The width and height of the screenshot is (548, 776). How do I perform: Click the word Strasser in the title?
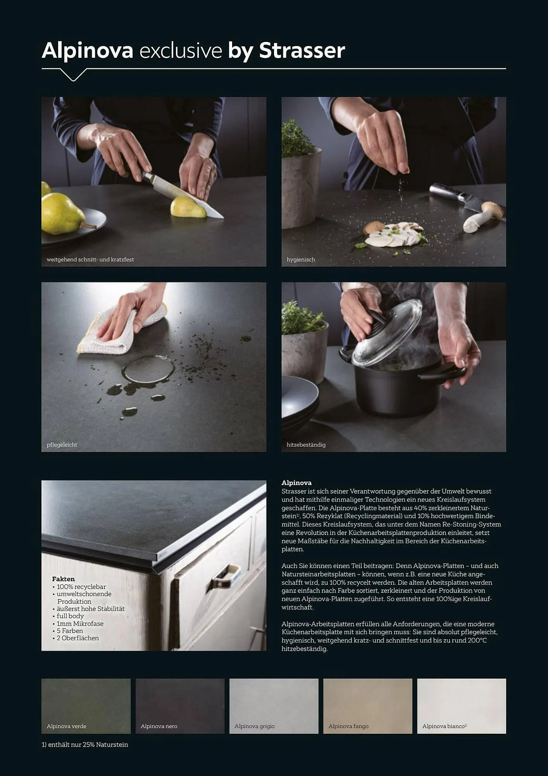[x=302, y=50]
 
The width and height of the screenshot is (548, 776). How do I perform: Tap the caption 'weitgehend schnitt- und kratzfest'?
[x=90, y=260]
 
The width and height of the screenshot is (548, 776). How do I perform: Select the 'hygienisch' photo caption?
[x=301, y=260]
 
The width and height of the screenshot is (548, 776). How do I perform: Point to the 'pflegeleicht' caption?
[x=62, y=445]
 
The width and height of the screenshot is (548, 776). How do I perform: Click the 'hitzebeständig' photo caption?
[x=306, y=445]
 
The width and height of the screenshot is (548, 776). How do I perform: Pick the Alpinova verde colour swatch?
[x=86, y=706]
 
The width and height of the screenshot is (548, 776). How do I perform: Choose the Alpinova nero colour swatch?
[x=180, y=706]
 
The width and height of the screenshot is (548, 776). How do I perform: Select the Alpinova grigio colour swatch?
[x=274, y=706]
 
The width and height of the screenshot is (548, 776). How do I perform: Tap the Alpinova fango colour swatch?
[x=368, y=706]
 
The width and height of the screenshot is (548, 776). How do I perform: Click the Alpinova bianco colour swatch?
[x=462, y=706]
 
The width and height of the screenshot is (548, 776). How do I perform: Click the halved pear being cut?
[x=188, y=208]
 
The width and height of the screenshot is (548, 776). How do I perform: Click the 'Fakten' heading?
[x=63, y=579]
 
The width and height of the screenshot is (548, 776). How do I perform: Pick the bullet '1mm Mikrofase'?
[x=78, y=624]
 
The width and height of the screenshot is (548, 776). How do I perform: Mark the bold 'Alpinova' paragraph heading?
[x=296, y=483]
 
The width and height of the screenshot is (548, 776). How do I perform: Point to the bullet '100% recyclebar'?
[x=79, y=587]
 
